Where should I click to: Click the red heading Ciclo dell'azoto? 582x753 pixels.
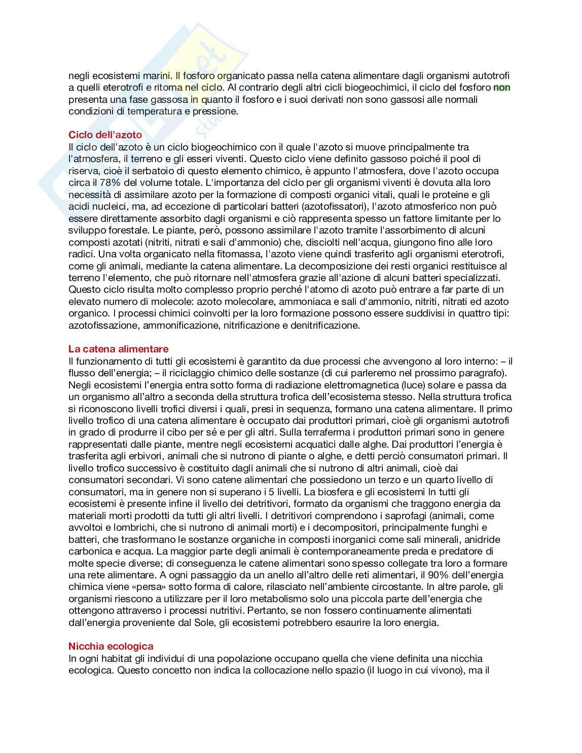point(105,135)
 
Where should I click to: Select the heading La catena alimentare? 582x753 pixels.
point(118,349)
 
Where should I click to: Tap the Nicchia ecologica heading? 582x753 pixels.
point(111,646)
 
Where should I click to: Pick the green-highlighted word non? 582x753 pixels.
point(501,88)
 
